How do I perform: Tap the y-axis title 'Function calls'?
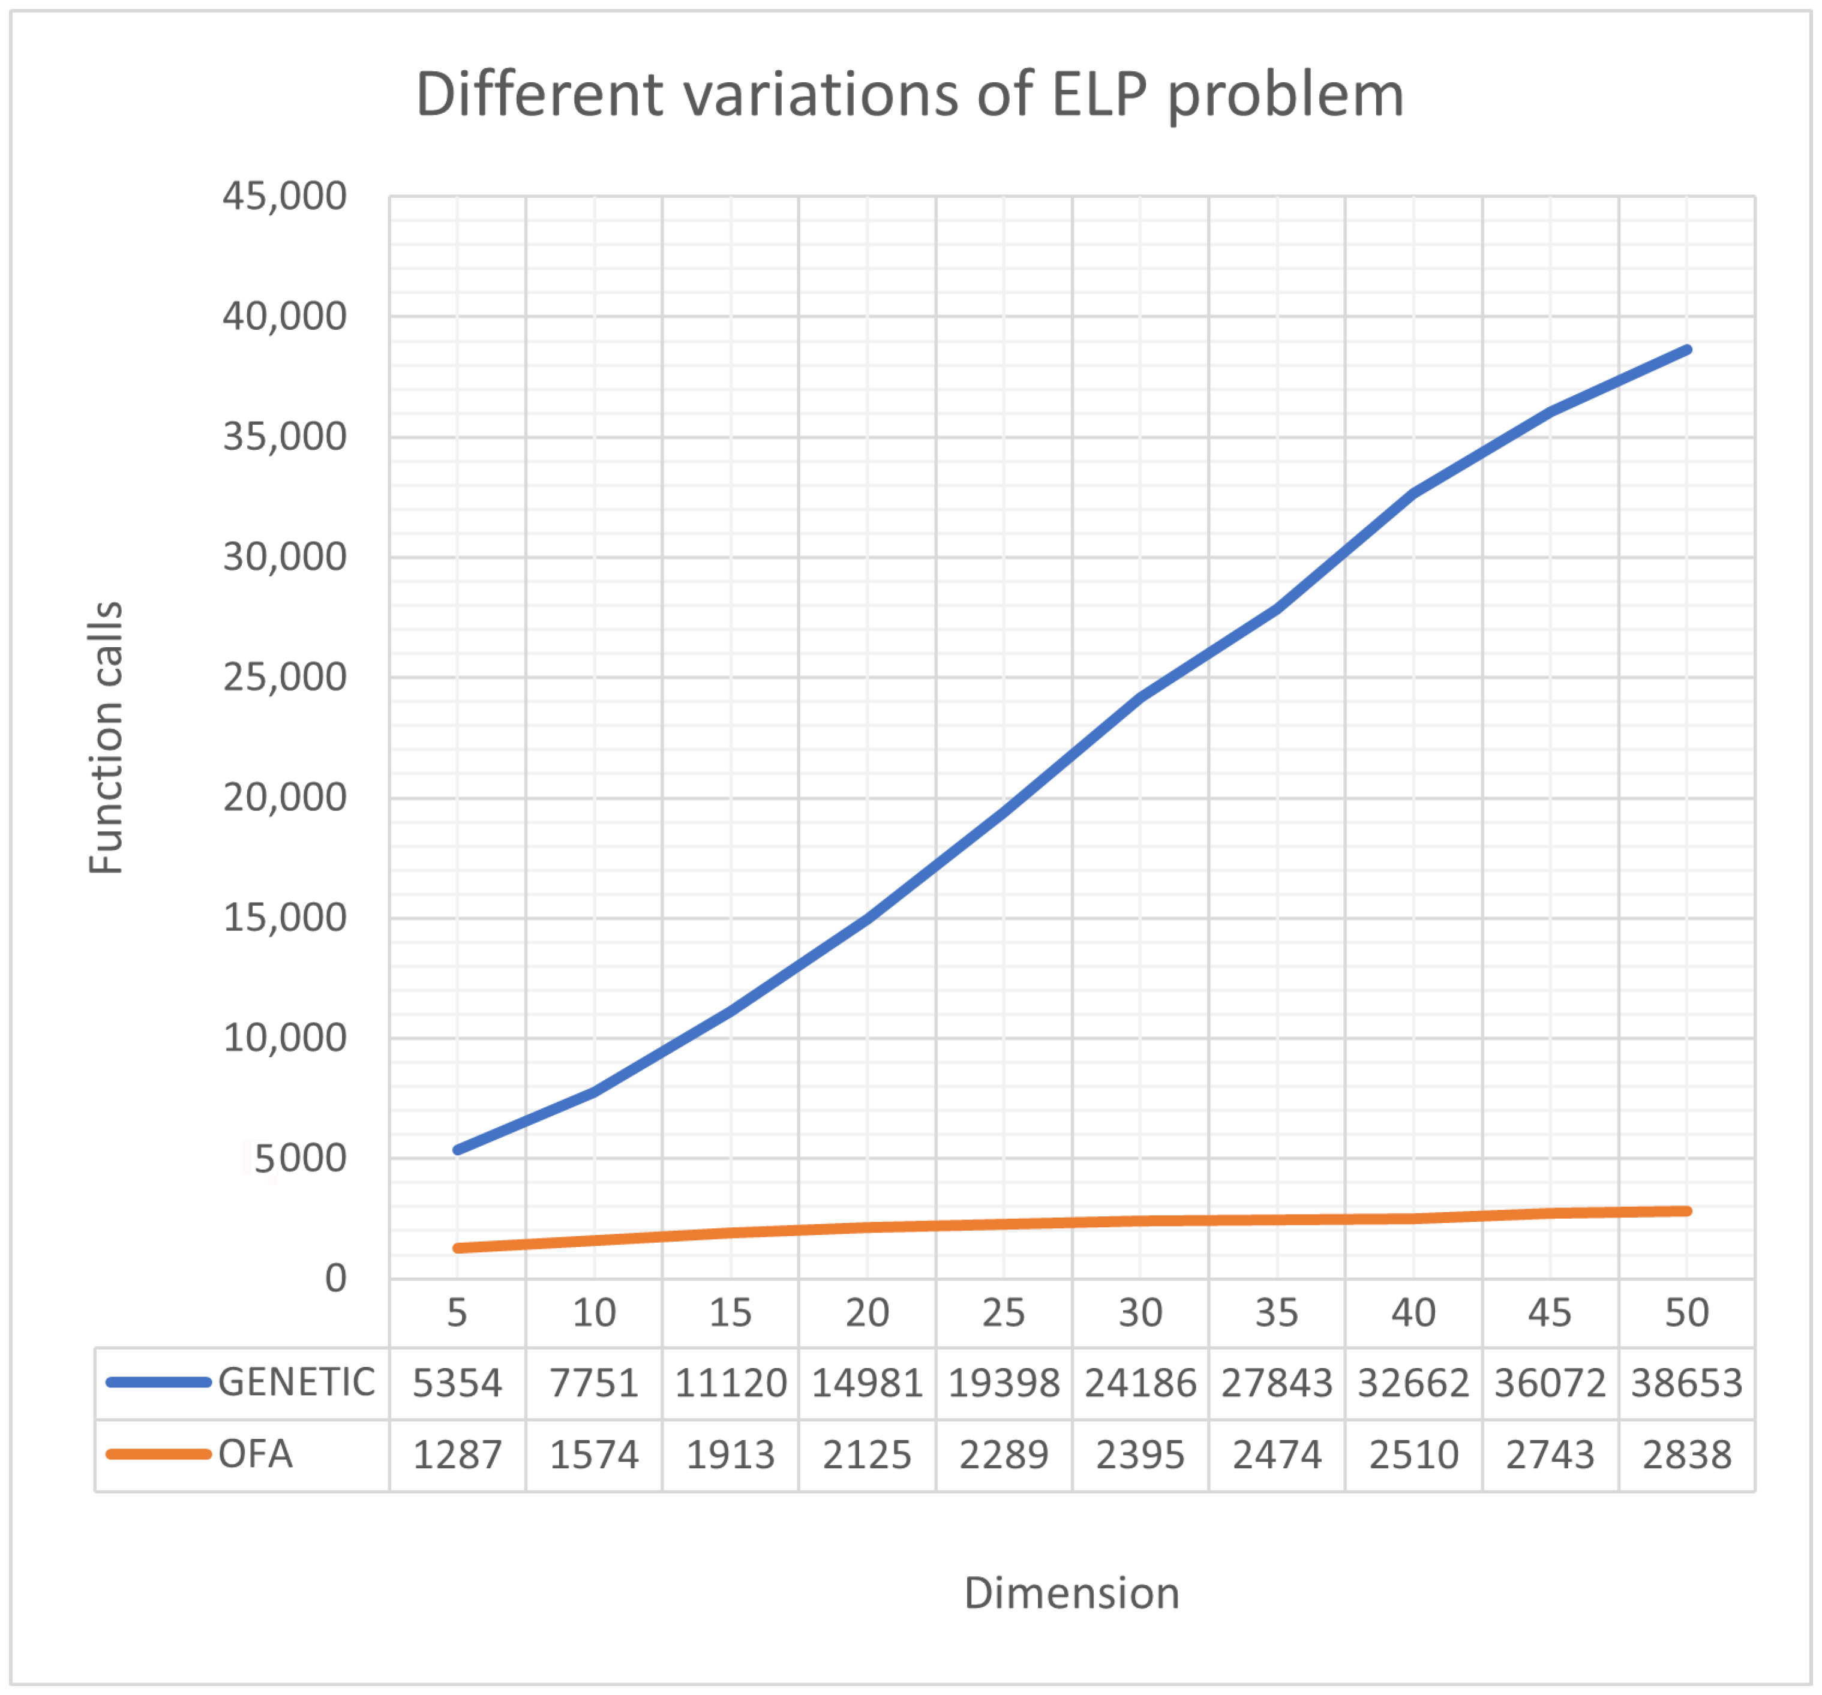106,738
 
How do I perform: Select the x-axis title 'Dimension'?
1071,1592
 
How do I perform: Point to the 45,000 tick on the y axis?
284,196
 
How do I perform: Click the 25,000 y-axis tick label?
284,677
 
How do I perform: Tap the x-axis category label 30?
1140,1313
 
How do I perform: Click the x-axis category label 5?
457,1313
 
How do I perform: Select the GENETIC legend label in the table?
296,1382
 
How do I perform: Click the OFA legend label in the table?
255,1454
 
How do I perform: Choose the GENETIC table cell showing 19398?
1004,1383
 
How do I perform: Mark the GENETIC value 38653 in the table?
1686,1383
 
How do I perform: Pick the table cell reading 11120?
731,1383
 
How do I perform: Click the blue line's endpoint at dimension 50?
1686,349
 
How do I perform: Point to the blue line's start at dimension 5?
457,1150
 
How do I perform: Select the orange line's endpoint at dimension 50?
1686,1211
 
